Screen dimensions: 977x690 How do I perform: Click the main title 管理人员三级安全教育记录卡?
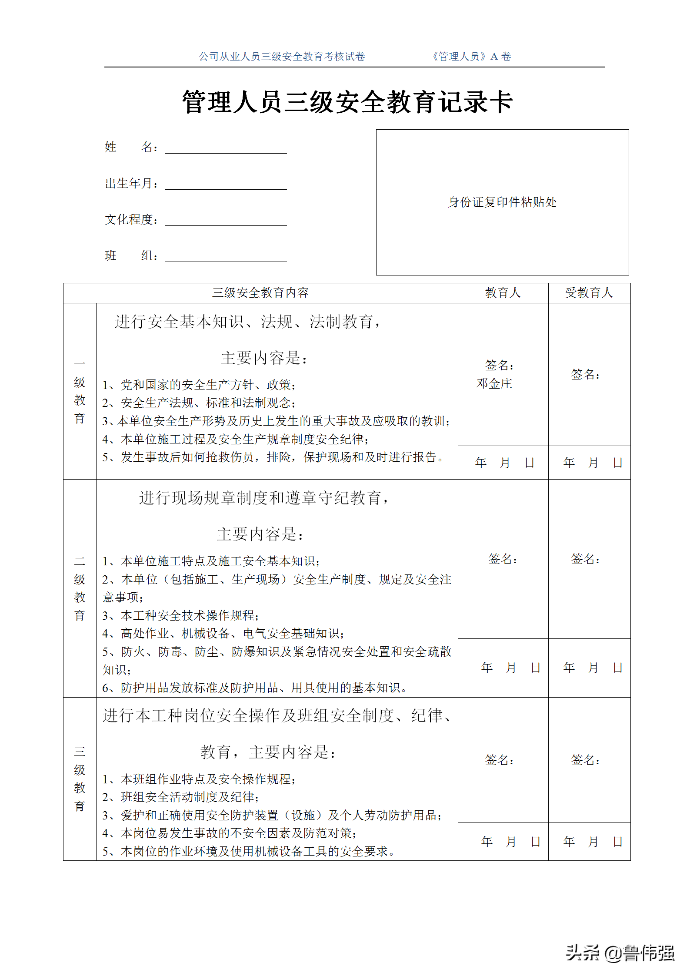tap(347, 102)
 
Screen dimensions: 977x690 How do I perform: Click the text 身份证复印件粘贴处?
tap(502, 202)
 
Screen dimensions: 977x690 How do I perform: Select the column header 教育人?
tap(503, 293)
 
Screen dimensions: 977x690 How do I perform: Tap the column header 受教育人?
tap(589, 293)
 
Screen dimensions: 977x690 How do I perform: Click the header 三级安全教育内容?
tap(260, 293)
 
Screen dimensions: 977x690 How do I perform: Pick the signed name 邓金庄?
tap(494, 383)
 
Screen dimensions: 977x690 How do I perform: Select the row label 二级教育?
tap(80, 588)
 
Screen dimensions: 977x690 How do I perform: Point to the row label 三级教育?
tap(80, 779)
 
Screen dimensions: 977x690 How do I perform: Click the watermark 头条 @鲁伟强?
tap(620, 953)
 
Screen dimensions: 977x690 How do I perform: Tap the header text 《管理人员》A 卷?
tap(471, 57)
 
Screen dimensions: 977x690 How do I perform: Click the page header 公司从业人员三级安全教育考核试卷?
tap(282, 57)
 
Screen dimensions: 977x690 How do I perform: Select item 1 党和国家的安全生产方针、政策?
tap(199, 385)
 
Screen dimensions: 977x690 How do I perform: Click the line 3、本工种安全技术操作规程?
tap(181, 615)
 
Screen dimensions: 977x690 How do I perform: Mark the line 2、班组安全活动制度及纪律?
tap(181, 797)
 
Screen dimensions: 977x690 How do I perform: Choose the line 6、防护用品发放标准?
tap(255, 688)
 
